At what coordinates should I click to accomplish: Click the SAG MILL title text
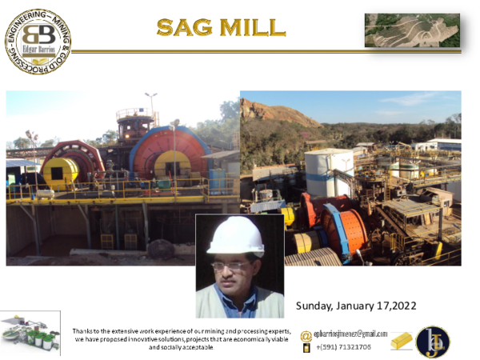220,27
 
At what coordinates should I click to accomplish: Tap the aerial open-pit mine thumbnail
412,30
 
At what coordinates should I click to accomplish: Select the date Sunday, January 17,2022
356,306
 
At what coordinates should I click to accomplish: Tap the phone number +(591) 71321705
343,347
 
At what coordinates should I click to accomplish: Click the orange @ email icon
306,334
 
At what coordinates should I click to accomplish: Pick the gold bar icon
402,341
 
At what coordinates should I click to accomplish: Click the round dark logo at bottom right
433,342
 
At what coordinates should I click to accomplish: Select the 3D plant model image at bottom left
30,333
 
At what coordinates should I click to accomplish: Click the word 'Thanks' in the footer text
82,331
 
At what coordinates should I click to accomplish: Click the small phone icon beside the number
306,348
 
